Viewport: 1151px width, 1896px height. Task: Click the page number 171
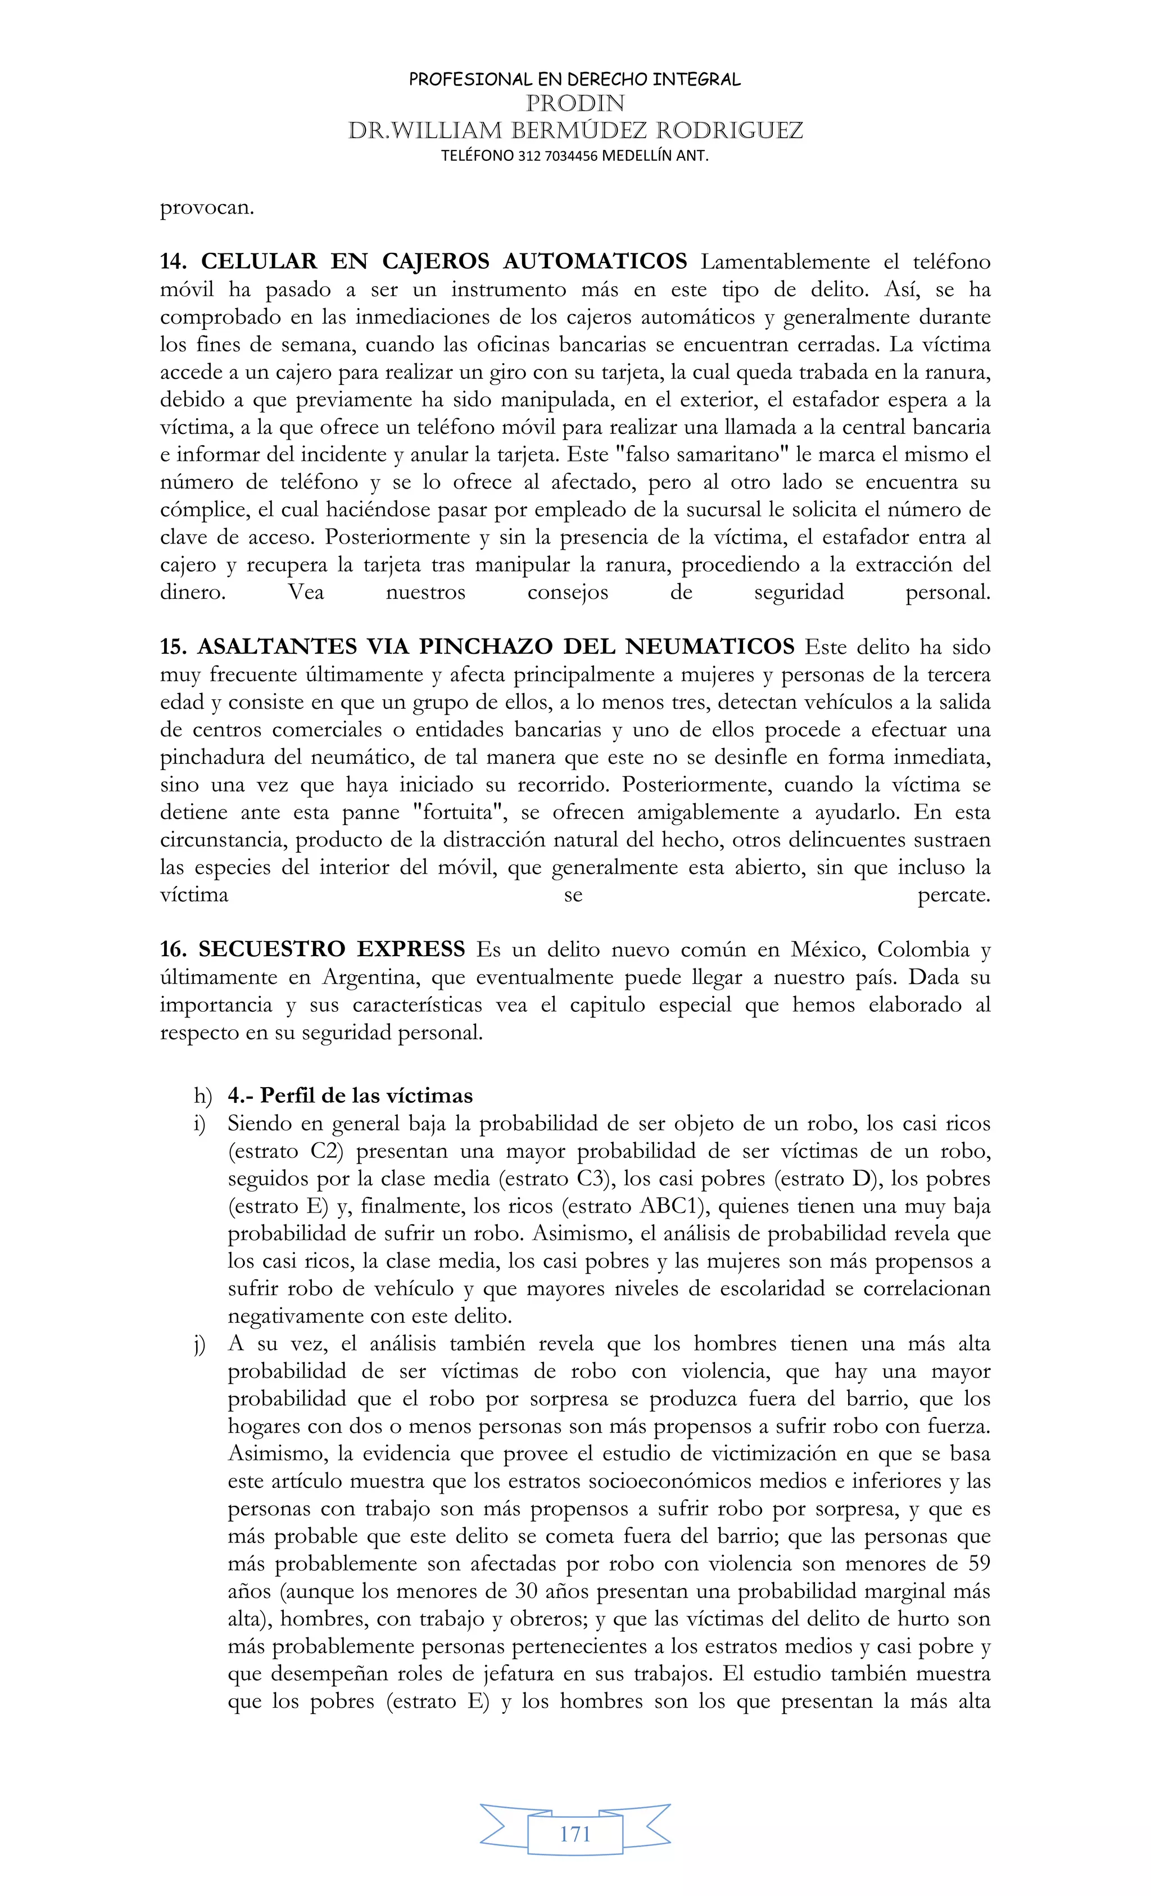click(575, 1834)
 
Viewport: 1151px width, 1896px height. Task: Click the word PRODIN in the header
click(575, 103)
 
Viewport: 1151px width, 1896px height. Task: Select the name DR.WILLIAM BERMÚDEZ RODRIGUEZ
click(575, 130)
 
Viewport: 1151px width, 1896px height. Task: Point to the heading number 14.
click(173, 261)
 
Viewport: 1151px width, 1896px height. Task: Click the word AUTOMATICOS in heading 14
click(595, 261)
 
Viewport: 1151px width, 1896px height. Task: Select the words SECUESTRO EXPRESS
click(332, 949)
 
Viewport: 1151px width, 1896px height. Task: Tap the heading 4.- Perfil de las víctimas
click(350, 1096)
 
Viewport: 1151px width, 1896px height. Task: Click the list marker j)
click(200, 1344)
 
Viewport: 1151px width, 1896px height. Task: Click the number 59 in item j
click(973, 1564)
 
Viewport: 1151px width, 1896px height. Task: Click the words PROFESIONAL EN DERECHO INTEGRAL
click(575, 79)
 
